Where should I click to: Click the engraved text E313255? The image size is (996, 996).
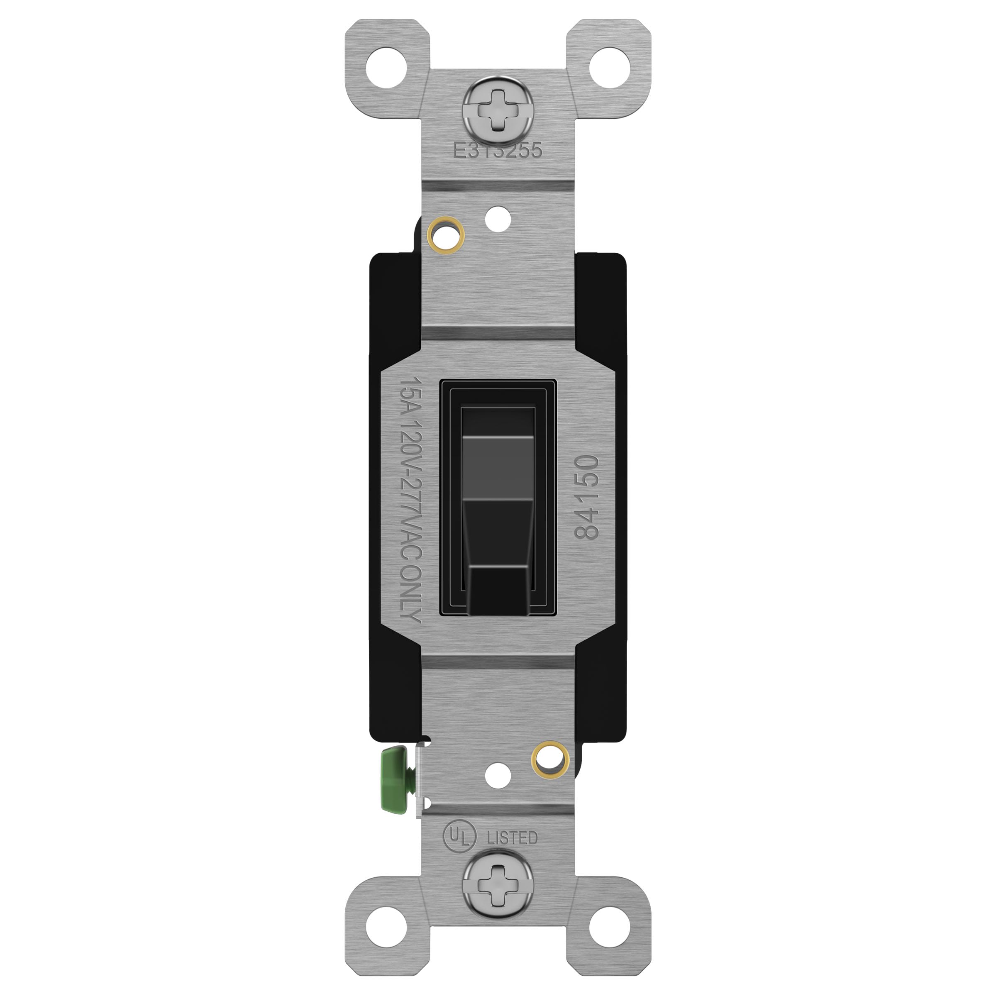tap(498, 150)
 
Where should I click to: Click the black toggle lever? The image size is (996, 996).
tap(498, 515)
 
